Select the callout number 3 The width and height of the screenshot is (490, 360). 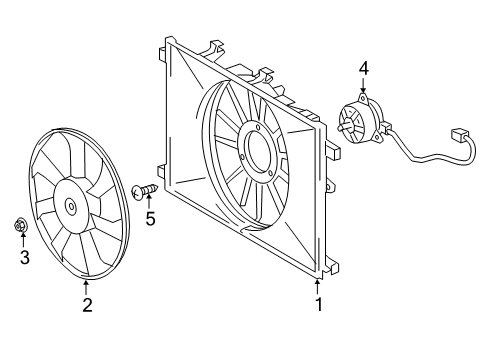[24, 259]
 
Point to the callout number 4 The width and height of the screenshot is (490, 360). [364, 68]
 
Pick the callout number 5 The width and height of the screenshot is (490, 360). [150, 218]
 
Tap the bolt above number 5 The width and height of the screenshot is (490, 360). [147, 188]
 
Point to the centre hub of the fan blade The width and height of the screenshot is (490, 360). [70, 207]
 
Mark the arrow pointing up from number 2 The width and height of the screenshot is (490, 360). [86, 286]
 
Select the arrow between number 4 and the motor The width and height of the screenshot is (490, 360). [364, 87]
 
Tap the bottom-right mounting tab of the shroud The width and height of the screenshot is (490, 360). [334, 268]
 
